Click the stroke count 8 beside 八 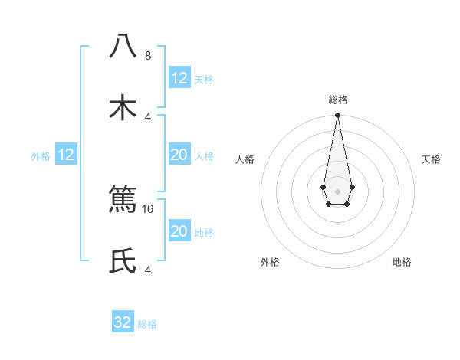point(148,56)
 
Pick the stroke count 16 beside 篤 point(149,208)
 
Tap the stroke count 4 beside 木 point(148,116)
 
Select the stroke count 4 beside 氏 point(148,270)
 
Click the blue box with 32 point(123,322)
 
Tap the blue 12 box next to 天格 point(179,78)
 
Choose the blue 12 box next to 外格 point(66,155)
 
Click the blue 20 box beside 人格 point(179,155)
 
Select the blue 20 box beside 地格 point(179,232)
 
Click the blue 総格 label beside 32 point(147,324)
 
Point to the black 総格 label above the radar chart point(337,100)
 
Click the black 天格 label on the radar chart point(432,159)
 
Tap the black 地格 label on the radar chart point(402,263)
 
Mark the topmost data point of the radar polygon point(337,116)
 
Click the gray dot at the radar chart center point(337,190)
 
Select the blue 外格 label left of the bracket point(41,156)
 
